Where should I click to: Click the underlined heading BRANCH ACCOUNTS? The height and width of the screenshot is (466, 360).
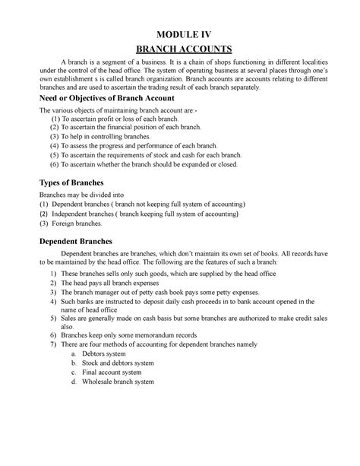pos(179,49)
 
